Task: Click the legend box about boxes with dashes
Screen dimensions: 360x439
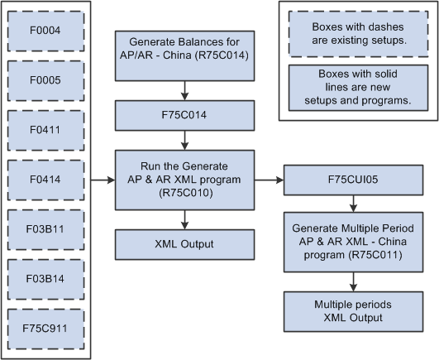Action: [358, 32]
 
